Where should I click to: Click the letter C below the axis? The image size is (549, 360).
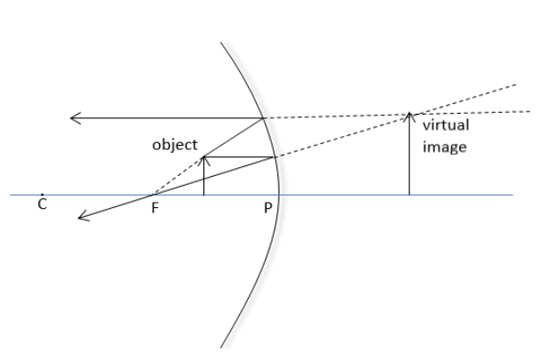[x=43, y=205]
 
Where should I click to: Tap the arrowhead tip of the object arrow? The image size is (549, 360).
[x=203, y=156]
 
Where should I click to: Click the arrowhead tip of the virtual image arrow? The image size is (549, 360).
[x=409, y=112]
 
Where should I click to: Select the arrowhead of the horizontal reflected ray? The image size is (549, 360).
[x=73, y=117]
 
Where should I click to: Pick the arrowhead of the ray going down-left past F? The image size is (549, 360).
[x=80, y=216]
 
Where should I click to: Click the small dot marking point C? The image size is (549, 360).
[x=43, y=194]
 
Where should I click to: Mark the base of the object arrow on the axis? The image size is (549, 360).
[x=203, y=194]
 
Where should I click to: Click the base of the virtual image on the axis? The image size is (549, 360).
[x=409, y=194]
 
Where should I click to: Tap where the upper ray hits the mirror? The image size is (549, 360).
[x=264, y=117]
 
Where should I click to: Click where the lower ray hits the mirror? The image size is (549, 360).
[x=274, y=157]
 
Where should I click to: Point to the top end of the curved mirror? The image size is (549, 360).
[x=220, y=41]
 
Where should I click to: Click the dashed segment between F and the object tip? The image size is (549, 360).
[x=178, y=175]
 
